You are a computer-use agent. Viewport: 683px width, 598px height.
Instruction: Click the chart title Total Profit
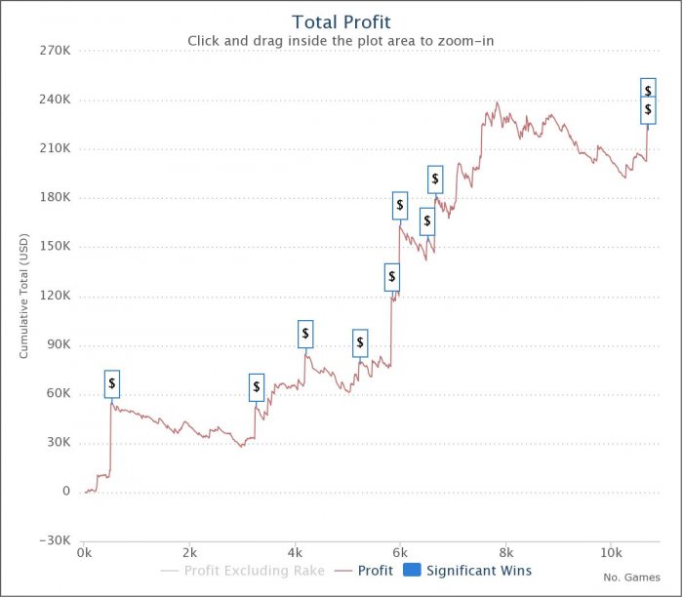click(341, 20)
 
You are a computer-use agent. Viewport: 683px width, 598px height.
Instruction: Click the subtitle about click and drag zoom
click(341, 41)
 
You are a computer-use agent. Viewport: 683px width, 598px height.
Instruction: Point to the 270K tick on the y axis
click(55, 51)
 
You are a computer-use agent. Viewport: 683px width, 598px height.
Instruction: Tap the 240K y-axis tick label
click(55, 100)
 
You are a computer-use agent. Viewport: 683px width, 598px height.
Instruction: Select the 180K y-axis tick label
click(55, 197)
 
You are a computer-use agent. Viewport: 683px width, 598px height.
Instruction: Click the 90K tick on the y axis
click(59, 344)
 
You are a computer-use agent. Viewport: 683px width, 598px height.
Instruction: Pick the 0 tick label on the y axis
click(66, 492)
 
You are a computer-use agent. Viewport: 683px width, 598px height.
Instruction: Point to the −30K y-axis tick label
click(53, 540)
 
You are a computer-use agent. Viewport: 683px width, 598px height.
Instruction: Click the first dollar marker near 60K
click(112, 383)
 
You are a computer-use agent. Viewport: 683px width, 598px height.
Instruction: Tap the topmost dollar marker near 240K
click(648, 91)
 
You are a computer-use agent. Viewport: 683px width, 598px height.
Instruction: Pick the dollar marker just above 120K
click(392, 277)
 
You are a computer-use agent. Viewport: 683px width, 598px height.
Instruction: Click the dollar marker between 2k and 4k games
click(257, 387)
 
